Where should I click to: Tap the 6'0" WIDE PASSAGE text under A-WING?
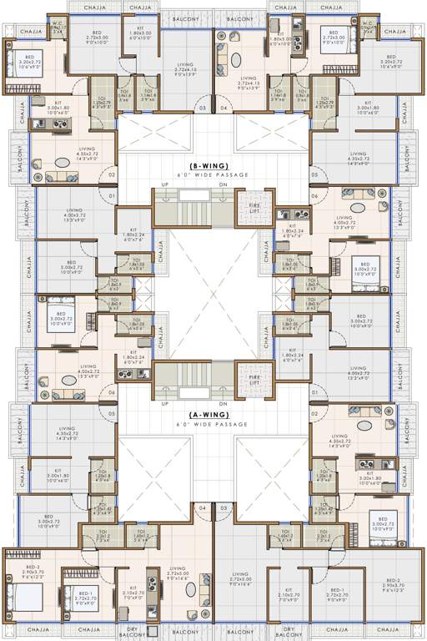point(213,424)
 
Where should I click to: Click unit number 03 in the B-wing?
point(201,108)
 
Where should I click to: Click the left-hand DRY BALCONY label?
point(136,632)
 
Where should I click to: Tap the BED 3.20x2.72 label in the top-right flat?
point(390,64)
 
